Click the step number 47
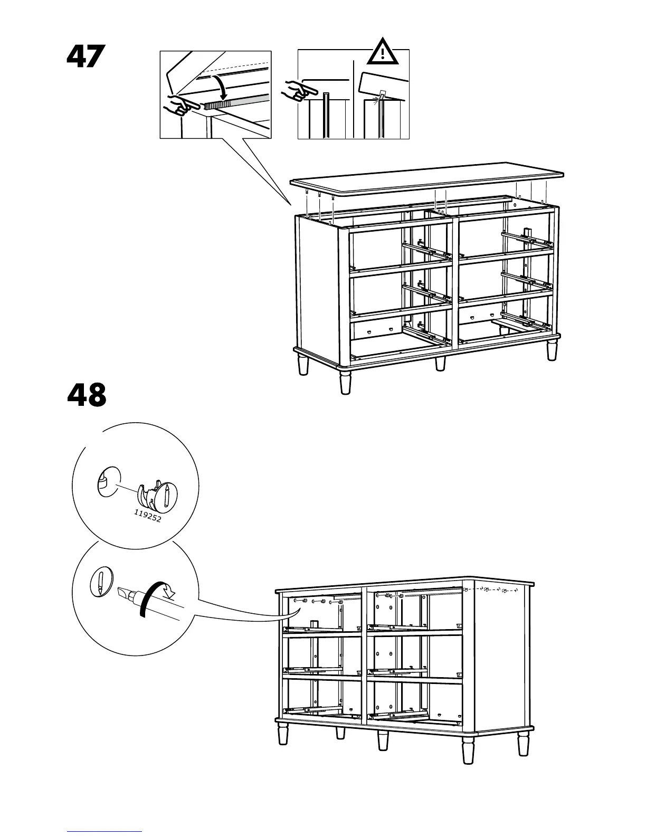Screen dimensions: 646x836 click(x=86, y=56)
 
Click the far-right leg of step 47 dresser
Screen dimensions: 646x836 click(x=552, y=350)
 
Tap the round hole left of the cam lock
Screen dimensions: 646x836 click(x=108, y=481)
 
